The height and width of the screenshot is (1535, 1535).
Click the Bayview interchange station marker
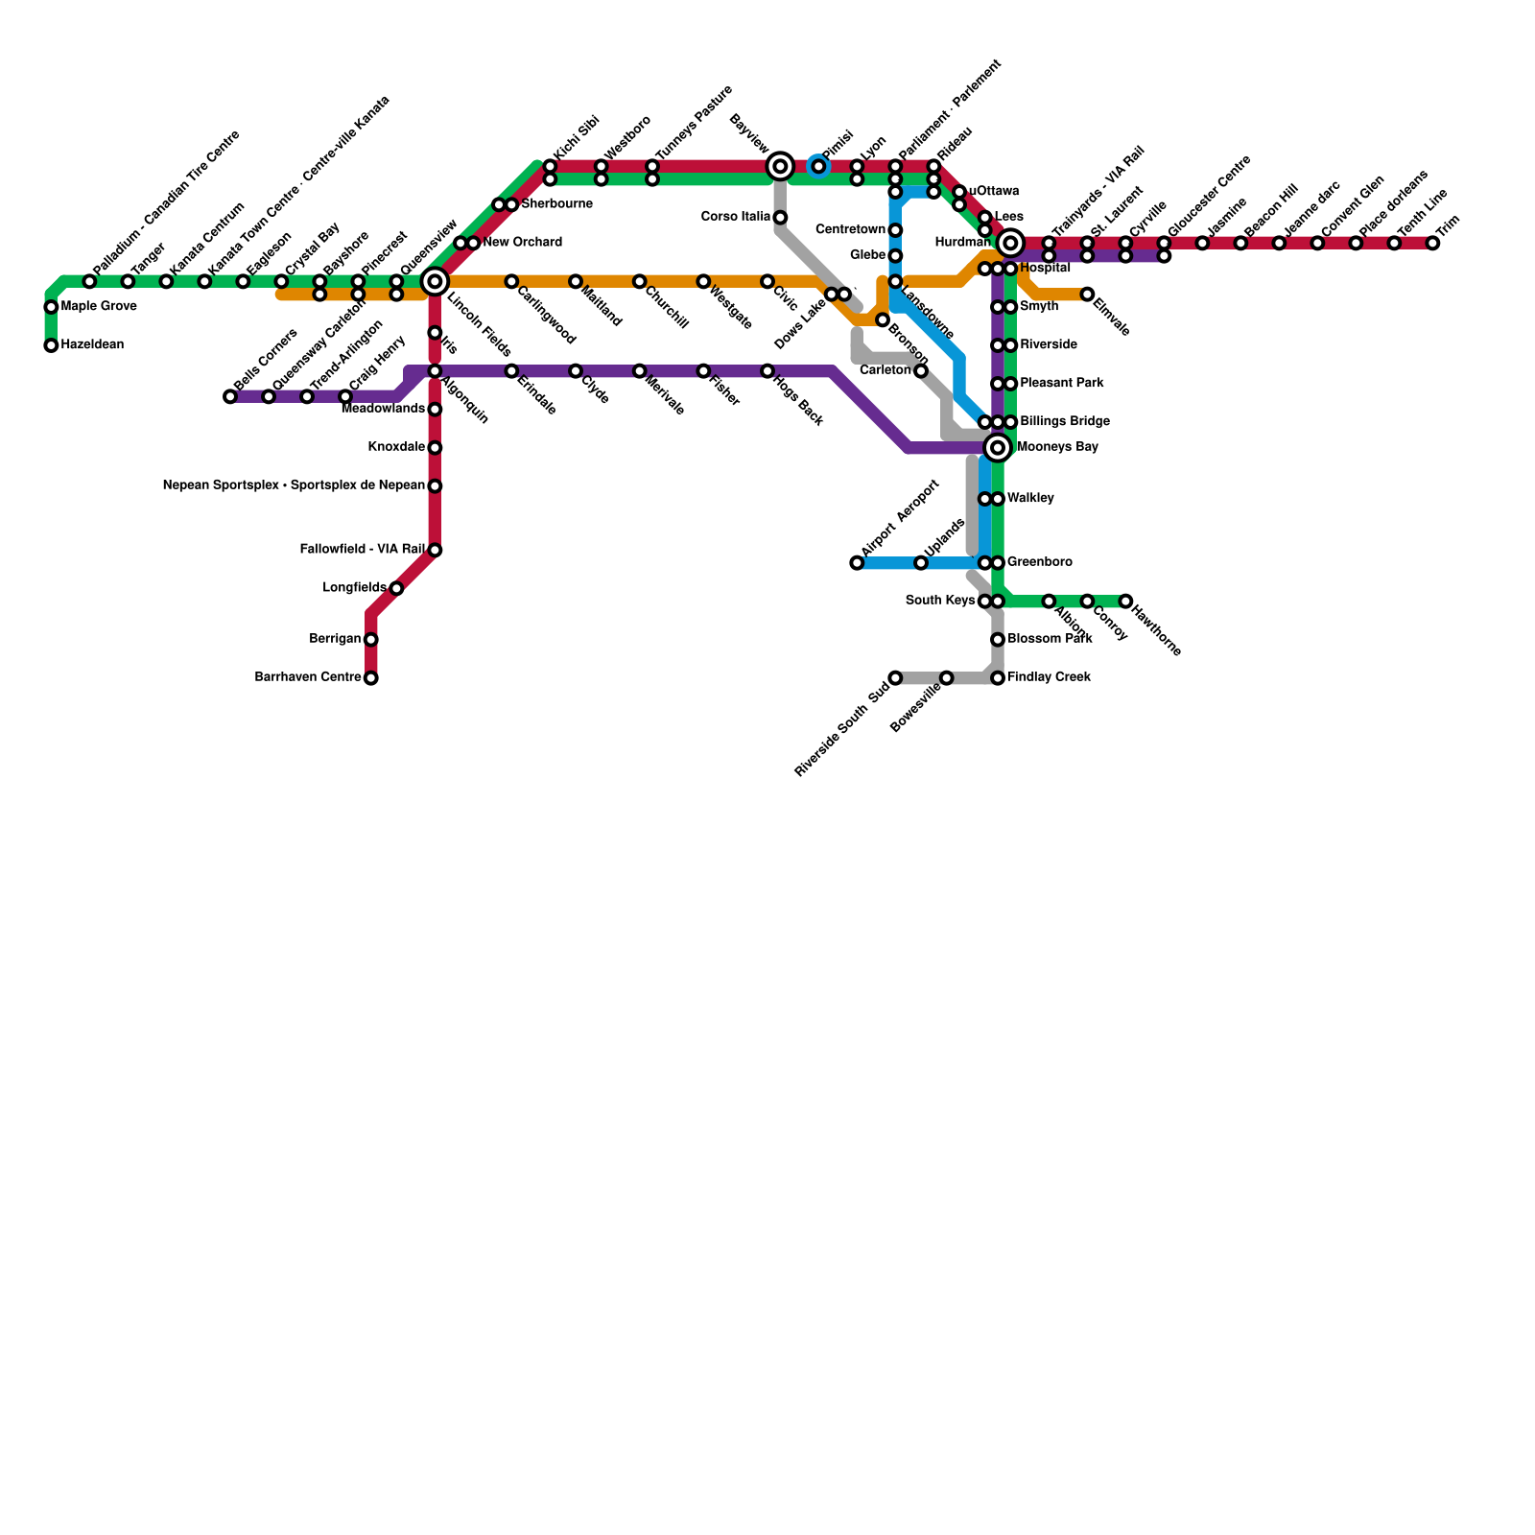[x=780, y=167]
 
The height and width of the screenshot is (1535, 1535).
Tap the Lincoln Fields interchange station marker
[x=435, y=281]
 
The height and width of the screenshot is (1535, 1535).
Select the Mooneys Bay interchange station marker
[x=998, y=447]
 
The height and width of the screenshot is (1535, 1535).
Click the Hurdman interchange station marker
[x=1009, y=244]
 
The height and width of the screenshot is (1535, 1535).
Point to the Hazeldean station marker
[x=51, y=345]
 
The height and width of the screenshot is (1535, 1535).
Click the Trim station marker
[x=1432, y=244]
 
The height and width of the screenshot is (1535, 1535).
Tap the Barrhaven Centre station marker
[x=370, y=678]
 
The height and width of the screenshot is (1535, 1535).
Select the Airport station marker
[x=857, y=563]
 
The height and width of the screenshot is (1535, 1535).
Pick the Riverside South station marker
[x=895, y=678]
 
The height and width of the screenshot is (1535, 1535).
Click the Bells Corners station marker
[x=230, y=396]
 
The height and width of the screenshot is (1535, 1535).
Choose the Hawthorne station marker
[x=1125, y=602]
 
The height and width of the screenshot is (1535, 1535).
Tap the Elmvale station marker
[x=1087, y=295]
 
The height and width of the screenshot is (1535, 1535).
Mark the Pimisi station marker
[x=818, y=167]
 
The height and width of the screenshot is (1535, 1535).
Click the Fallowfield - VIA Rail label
[x=362, y=550]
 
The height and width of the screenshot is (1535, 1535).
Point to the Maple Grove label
[x=98, y=307]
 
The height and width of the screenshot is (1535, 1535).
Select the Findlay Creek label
[x=1049, y=677]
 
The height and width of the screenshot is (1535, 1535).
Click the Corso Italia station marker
[x=780, y=218]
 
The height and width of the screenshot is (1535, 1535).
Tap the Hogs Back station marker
[x=767, y=371]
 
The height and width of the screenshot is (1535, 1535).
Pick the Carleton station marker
[x=921, y=371]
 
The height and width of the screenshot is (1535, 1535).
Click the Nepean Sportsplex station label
[x=294, y=485]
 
